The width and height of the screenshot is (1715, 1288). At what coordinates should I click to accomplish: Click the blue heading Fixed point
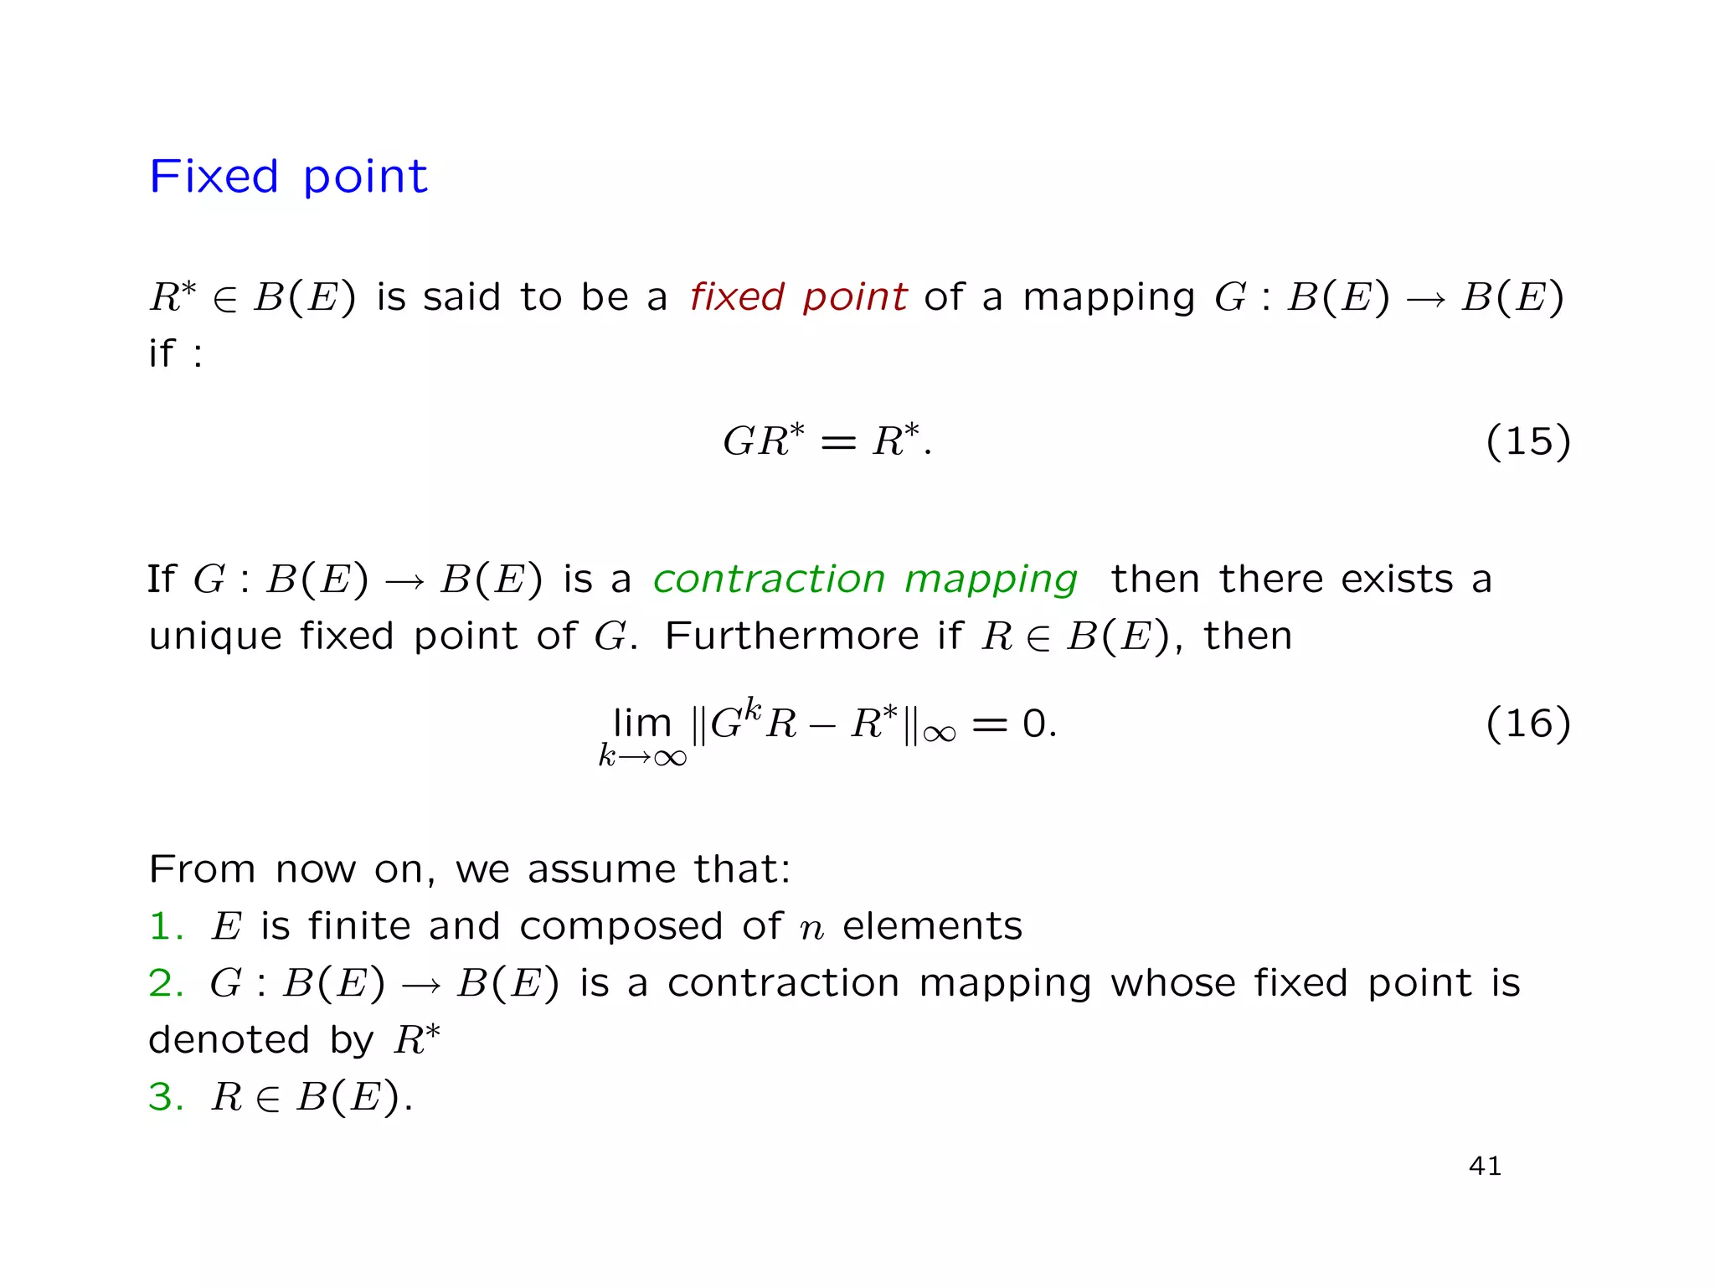click(288, 177)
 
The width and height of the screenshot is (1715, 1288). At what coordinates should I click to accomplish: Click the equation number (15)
click(1527, 440)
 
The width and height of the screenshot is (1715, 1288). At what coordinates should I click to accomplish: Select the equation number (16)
click(1527, 723)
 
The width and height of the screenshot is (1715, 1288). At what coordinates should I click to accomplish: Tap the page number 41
click(1486, 1166)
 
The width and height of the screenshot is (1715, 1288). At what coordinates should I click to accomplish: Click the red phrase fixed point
click(798, 296)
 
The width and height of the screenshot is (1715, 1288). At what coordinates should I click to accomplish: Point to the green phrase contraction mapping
click(865, 579)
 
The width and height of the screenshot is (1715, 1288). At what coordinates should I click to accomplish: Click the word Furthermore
click(791, 636)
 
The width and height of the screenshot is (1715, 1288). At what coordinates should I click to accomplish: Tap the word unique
click(214, 637)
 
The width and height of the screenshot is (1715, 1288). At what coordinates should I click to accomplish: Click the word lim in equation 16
click(642, 723)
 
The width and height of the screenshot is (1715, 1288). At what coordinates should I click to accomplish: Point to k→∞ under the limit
click(642, 756)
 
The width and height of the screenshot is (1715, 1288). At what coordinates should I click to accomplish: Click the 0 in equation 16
click(1034, 723)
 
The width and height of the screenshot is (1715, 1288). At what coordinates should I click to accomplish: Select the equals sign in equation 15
click(837, 442)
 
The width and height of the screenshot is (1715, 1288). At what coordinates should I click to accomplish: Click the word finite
click(358, 926)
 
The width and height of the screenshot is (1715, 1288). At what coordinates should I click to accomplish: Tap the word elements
click(932, 926)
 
